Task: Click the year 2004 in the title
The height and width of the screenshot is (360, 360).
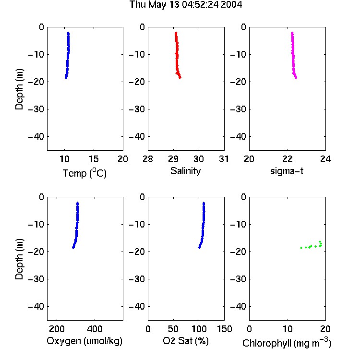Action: point(231,5)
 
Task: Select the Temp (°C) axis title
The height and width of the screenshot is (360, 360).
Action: point(84,173)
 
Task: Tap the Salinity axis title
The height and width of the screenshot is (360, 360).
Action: point(185,171)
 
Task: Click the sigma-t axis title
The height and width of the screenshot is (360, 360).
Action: point(287,171)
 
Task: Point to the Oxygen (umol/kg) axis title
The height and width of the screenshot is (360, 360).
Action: point(84,341)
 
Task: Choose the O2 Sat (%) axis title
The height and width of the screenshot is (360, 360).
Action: point(186,341)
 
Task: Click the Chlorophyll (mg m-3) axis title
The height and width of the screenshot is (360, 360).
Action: point(287,343)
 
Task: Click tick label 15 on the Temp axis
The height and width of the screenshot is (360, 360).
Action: point(94,159)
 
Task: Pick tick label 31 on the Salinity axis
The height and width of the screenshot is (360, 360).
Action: point(224,159)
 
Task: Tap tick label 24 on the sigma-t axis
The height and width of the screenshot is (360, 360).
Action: point(325,159)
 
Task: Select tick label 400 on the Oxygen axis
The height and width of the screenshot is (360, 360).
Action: point(95,329)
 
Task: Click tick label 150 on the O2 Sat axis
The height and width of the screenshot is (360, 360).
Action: point(225,329)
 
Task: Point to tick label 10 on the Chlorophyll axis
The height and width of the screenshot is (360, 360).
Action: point(288,329)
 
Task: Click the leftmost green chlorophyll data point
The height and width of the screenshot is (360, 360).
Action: point(301,248)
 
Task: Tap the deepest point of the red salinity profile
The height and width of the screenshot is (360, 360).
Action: point(180,78)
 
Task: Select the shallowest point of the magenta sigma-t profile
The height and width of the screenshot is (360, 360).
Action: point(292,33)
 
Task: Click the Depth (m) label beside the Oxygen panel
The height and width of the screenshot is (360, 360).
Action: point(19,259)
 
